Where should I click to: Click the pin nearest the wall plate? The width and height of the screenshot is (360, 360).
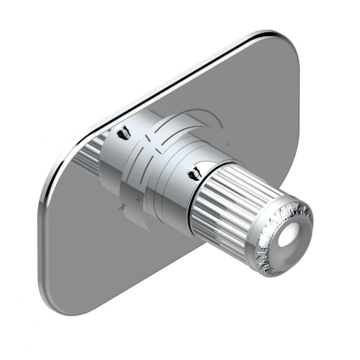(x=123, y=132)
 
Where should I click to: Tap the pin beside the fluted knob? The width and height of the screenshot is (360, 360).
(x=195, y=173)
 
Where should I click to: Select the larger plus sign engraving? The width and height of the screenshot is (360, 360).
(x=123, y=207)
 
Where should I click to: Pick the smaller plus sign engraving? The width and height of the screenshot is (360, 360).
(x=138, y=199)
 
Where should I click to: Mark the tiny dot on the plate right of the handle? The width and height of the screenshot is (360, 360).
(x=228, y=144)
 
